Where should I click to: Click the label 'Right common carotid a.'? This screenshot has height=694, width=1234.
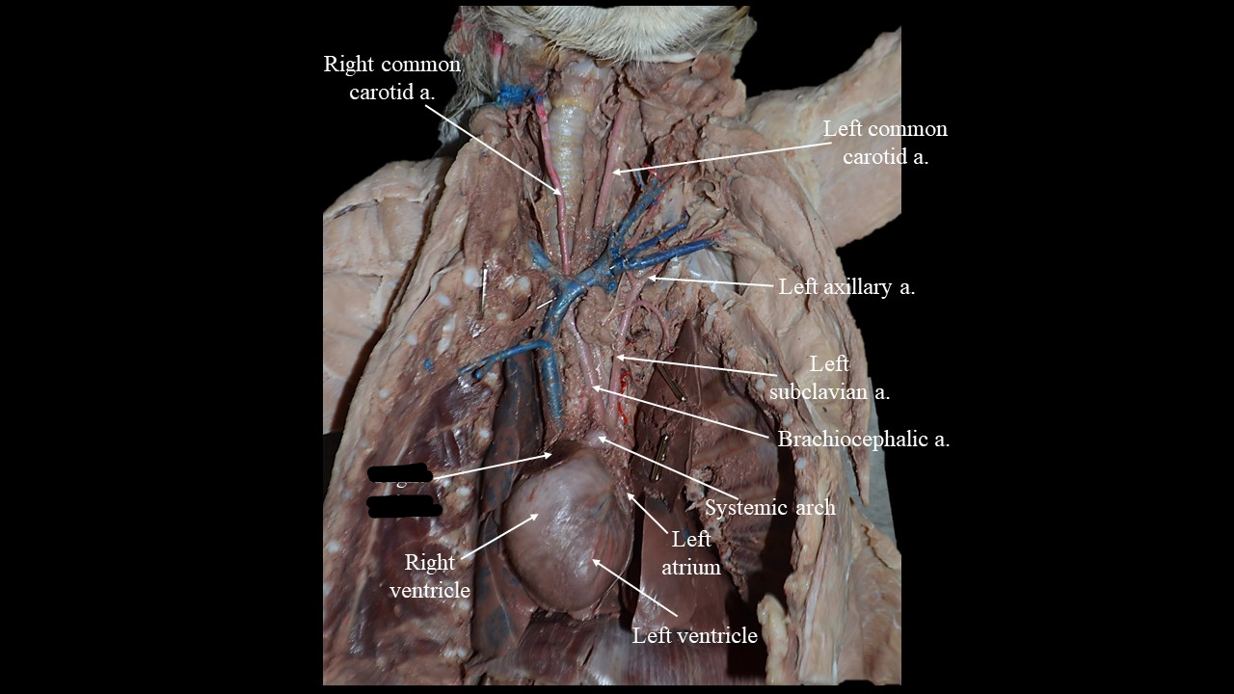[391, 78]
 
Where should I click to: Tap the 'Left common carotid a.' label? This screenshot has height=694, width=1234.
[885, 143]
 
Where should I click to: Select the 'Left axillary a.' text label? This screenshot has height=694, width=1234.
[846, 287]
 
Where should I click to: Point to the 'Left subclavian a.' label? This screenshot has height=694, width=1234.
[829, 378]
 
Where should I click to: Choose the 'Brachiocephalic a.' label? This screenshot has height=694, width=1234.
[864, 440]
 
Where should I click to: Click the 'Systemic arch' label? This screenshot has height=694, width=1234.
[769, 507]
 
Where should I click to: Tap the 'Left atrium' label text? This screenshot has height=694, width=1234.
[690, 553]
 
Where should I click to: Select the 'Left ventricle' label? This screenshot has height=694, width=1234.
[694, 636]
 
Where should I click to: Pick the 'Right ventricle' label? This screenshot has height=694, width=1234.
[430, 575]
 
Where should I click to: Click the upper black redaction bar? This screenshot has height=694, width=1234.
[399, 474]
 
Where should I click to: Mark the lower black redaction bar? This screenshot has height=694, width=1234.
[404, 506]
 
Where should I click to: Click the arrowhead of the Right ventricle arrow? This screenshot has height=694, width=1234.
[537, 516]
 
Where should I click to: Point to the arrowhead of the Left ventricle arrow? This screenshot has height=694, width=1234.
[593, 560]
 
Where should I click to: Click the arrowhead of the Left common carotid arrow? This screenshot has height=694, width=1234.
[612, 173]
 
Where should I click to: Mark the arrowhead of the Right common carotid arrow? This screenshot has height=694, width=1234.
[564, 196]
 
